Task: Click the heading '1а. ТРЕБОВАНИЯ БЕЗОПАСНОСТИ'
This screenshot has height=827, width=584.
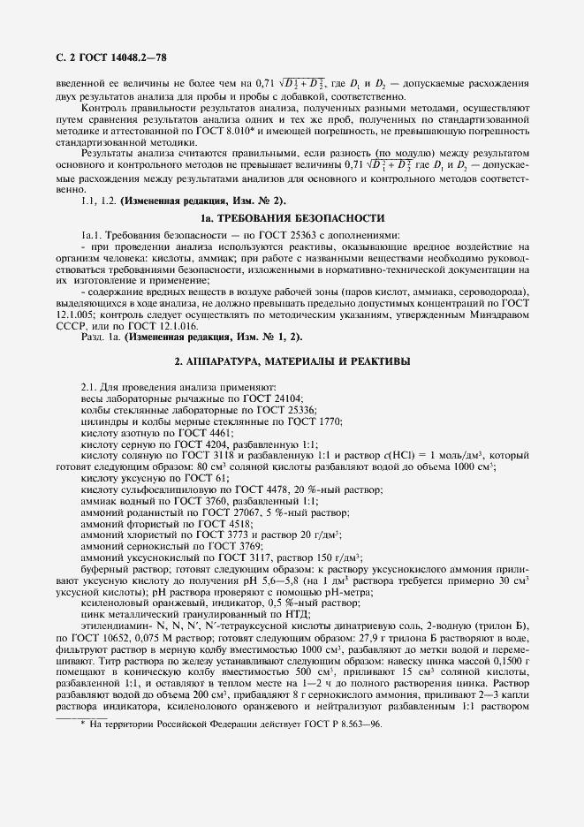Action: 292,217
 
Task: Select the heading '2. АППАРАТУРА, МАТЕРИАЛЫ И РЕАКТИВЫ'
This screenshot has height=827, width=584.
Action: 292,361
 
